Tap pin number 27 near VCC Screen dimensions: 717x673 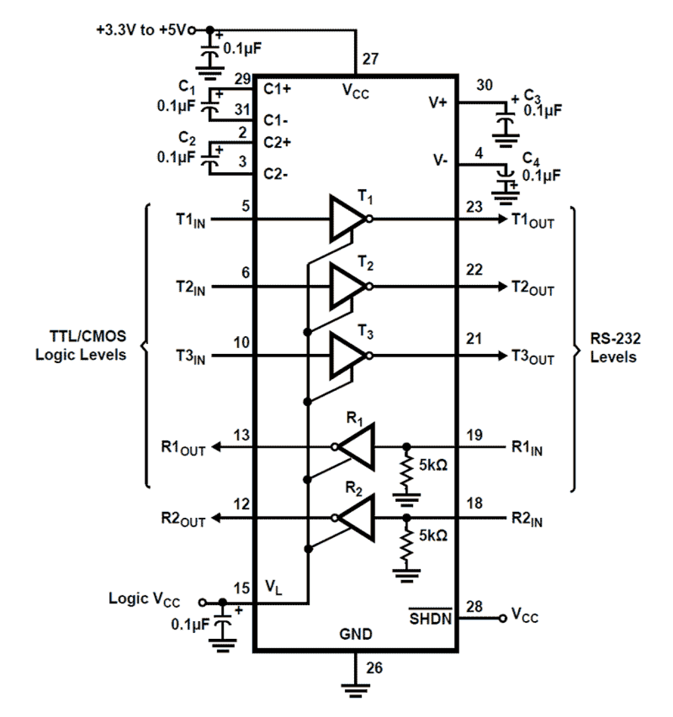[370, 59]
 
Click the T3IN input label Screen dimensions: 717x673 [191, 356]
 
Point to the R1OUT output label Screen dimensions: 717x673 [183, 448]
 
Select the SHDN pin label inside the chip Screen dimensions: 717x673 [430, 618]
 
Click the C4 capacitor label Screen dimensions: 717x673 [531, 159]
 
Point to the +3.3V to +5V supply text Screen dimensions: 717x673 [141, 30]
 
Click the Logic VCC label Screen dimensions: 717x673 [144, 599]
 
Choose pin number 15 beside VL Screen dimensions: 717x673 [242, 588]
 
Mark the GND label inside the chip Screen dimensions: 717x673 [355, 634]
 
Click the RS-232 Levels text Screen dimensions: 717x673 [615, 348]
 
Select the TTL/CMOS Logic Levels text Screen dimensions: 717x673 [81, 345]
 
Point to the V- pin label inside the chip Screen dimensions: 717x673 [440, 160]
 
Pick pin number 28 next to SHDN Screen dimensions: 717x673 [474, 606]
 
